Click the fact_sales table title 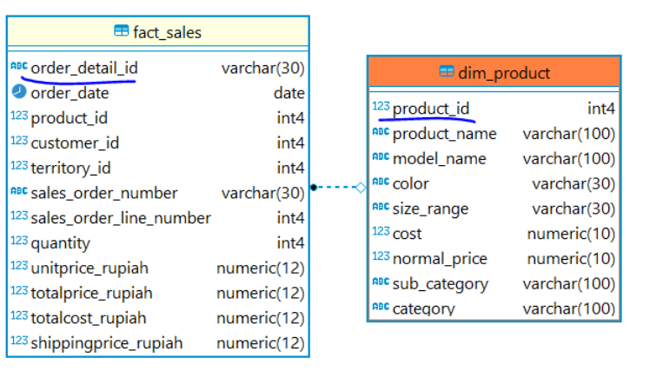[x=167, y=32]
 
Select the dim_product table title [x=504, y=73]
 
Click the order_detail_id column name [x=84, y=68]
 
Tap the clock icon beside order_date [x=19, y=91]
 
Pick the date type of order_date [x=289, y=93]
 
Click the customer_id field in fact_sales [x=75, y=143]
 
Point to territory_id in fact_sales [x=71, y=169]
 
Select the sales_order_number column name [x=104, y=193]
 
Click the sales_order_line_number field [x=121, y=218]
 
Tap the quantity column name [x=61, y=243]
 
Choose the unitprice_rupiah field [x=90, y=269]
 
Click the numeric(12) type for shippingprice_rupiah [x=261, y=343]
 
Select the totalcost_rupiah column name [x=89, y=318]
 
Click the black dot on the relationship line [x=314, y=188]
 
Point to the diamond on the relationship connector [x=361, y=188]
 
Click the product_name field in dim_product [x=444, y=134]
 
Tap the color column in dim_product [x=410, y=183]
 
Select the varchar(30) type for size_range [x=574, y=209]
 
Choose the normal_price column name [x=440, y=259]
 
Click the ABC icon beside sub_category [x=381, y=282]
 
